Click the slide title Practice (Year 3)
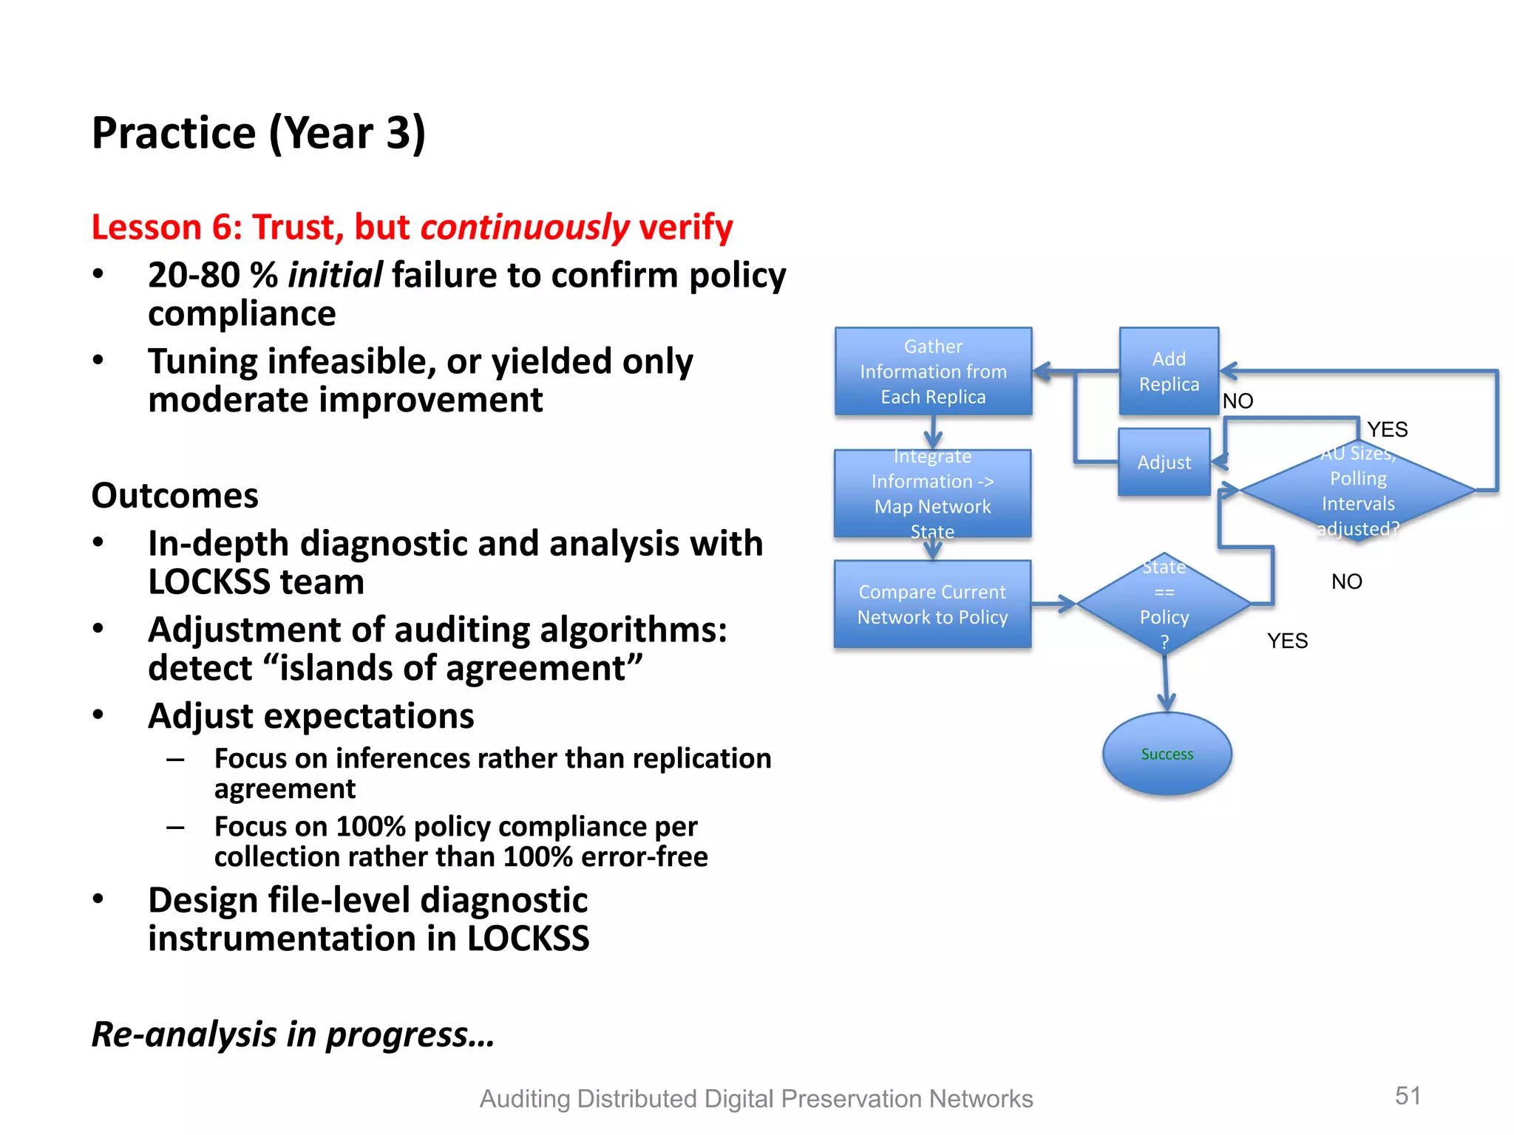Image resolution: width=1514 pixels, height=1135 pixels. click(258, 133)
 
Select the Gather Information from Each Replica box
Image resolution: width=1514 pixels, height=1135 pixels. click(933, 372)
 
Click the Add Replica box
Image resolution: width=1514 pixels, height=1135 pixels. click(1168, 372)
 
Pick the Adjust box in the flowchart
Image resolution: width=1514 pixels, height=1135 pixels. click(1164, 463)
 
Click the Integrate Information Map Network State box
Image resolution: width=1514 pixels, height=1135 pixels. click(932, 494)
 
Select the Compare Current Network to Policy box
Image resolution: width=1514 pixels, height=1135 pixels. click(932, 604)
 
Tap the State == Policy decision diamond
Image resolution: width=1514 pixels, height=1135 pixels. click(1164, 604)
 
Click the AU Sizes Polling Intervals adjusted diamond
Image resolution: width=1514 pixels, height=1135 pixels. click(1358, 491)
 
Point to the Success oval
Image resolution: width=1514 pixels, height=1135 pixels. click(1167, 754)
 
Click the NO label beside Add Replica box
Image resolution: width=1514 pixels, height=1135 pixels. click(1238, 401)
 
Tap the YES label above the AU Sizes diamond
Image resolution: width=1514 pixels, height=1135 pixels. click(1387, 429)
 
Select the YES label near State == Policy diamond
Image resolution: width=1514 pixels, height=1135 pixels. click(1287, 641)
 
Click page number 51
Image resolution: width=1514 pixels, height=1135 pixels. click(1408, 1095)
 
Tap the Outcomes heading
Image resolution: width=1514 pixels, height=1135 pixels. click(174, 495)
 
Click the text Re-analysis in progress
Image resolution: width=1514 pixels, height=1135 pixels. click(293, 1034)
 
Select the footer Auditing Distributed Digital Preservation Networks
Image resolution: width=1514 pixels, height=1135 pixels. click(756, 1099)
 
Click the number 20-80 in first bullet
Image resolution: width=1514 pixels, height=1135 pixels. click(194, 276)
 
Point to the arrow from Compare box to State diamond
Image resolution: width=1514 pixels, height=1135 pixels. click(1053, 604)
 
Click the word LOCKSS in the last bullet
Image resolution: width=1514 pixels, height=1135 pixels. click(527, 938)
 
